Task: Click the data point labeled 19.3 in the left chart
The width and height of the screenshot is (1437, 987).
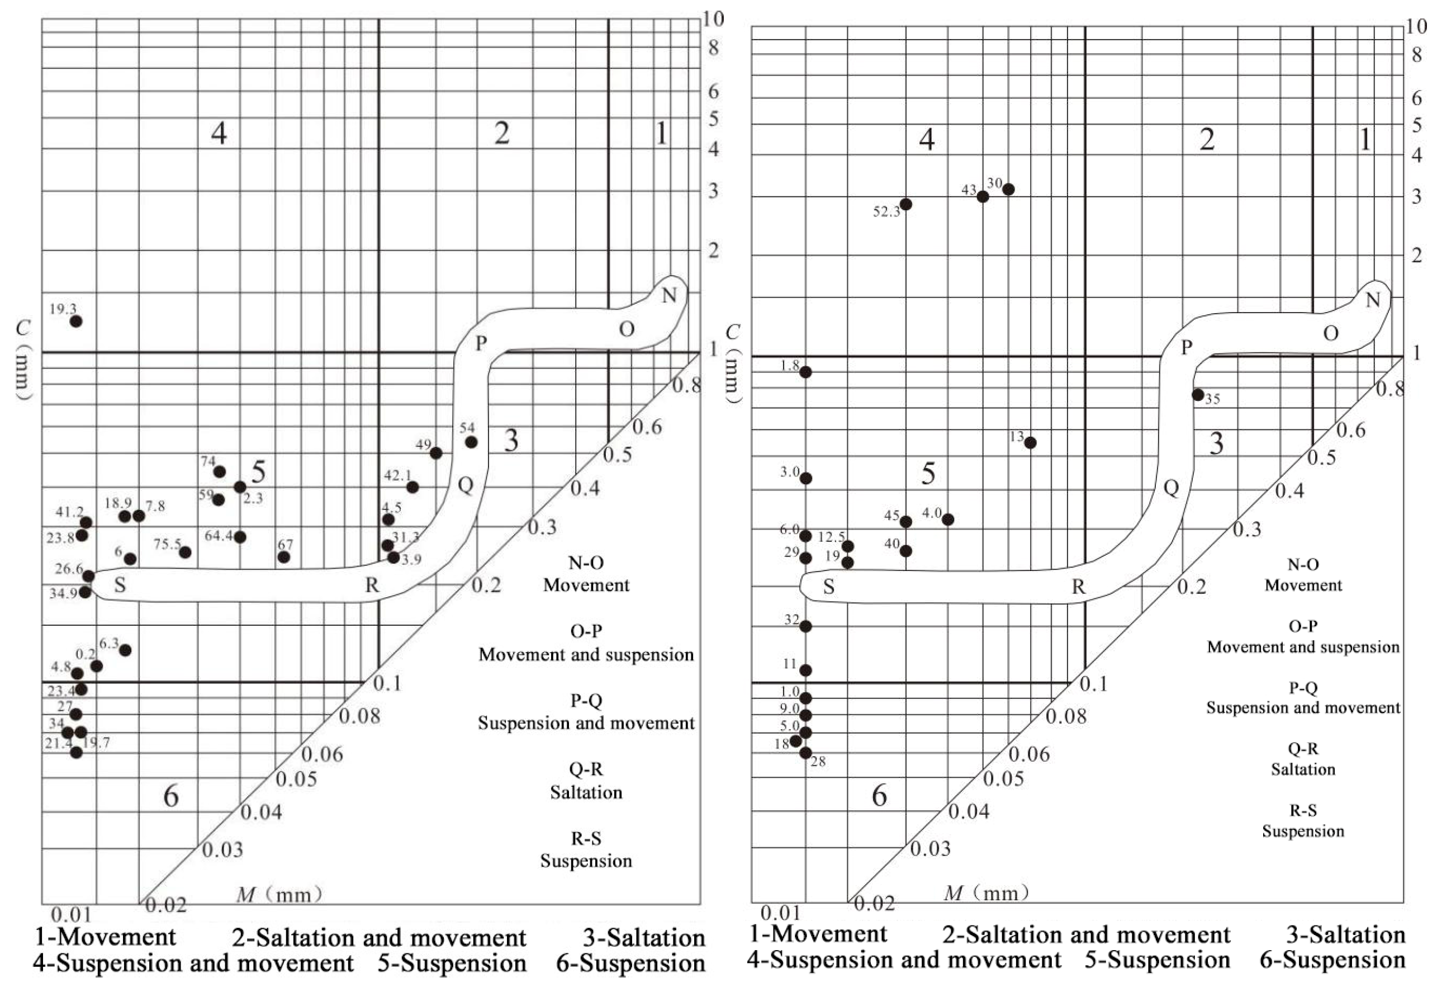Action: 76,321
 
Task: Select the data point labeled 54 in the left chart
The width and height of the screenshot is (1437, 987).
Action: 471,442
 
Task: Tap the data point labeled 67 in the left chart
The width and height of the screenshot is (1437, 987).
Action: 284,557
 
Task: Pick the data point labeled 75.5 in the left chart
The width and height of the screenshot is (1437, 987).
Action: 185,552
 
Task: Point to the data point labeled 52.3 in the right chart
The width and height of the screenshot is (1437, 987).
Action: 906,204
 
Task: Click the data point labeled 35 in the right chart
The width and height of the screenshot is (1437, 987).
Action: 1198,395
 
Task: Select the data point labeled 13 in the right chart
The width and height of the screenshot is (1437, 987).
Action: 1030,442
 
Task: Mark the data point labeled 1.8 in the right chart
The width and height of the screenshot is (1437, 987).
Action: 805,372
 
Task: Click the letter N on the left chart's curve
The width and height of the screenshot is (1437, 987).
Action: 669,296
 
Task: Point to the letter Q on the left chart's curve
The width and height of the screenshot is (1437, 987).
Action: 465,485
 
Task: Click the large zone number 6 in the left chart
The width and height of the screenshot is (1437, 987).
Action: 171,796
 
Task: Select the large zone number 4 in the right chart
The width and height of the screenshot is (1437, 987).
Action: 926,140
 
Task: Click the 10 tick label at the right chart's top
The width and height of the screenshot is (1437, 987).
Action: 1415,27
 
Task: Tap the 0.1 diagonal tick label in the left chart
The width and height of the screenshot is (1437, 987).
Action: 388,683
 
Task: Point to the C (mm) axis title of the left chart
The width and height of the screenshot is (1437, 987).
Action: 23,360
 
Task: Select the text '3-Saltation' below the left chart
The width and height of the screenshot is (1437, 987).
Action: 644,938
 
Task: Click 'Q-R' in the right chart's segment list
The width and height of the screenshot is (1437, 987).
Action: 1303,749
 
